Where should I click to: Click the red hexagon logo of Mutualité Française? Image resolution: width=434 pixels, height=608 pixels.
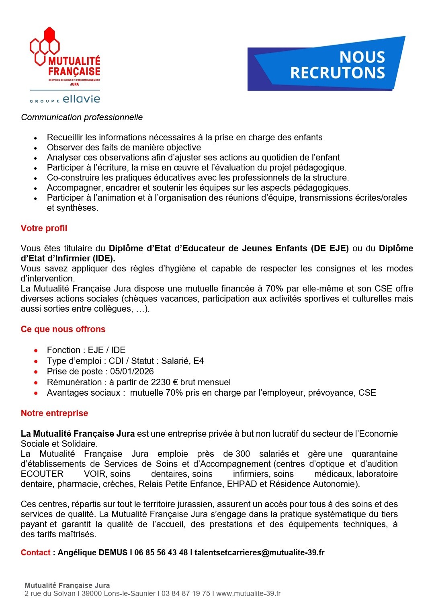click(x=45, y=46)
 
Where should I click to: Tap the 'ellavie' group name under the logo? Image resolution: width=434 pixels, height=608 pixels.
click(x=81, y=99)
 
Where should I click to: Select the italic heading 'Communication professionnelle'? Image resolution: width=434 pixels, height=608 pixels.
click(x=82, y=117)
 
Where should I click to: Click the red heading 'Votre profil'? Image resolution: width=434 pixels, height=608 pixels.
click(x=44, y=228)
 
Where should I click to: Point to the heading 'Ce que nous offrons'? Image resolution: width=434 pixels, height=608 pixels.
click(x=63, y=329)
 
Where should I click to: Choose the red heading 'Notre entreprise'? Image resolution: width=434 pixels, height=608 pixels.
click(x=54, y=413)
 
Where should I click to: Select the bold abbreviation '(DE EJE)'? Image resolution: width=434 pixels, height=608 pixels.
click(x=330, y=248)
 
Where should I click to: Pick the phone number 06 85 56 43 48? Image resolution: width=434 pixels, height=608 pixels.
click(x=161, y=553)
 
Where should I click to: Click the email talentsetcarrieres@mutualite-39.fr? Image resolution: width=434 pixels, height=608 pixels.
click(x=260, y=553)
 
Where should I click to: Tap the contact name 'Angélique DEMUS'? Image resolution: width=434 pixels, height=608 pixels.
click(x=92, y=553)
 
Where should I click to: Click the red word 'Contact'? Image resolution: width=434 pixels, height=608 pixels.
click(x=35, y=553)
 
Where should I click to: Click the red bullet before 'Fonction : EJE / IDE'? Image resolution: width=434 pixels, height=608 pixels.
click(x=36, y=350)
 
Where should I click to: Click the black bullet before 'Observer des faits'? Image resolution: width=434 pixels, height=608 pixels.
click(x=36, y=148)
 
